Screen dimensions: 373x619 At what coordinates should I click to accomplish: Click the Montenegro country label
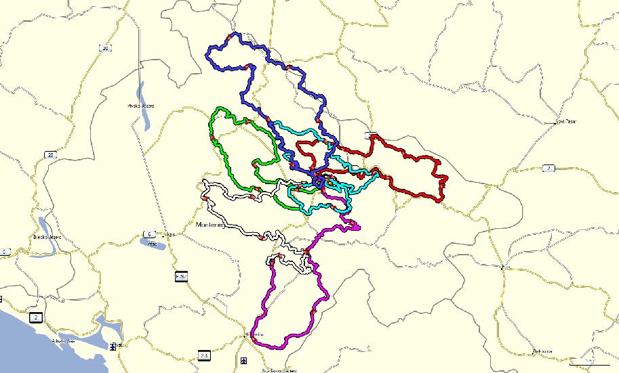click(209, 224)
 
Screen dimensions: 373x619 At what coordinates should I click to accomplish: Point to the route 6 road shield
click(148, 235)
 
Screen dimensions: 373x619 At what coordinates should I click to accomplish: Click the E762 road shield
click(181, 277)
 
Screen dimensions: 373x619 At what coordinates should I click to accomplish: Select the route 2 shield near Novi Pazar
click(548, 168)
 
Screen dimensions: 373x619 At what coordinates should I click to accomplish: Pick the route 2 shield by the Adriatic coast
click(34, 315)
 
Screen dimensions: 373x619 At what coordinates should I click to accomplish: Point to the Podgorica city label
click(255, 335)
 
